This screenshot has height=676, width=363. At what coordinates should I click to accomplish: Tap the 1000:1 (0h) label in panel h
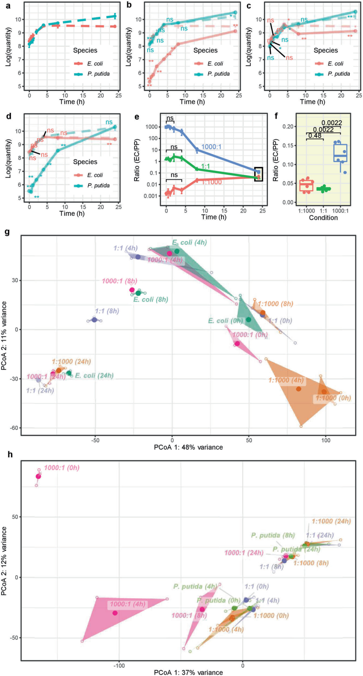coord(62,468)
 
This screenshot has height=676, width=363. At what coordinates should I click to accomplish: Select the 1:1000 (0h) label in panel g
coord(333,398)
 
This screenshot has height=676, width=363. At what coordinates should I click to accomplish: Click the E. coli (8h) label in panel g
coord(151,299)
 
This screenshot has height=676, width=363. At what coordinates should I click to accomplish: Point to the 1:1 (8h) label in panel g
coord(107,311)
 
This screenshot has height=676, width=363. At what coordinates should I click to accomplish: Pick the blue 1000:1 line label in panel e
coord(211,147)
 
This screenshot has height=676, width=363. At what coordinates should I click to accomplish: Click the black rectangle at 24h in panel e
coord(258,174)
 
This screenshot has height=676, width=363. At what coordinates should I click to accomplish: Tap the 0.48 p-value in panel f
coord(315,136)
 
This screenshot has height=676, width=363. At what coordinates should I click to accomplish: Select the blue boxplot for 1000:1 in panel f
coord(340,153)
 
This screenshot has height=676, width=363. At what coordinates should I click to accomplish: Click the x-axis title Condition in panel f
coord(323,218)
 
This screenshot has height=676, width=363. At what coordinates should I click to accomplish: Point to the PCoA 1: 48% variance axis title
coord(188,447)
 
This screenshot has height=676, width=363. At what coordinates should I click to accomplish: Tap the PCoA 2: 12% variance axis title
coord(4,561)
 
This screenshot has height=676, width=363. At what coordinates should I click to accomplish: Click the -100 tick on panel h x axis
coord(119,665)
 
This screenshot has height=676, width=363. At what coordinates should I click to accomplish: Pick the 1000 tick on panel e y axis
coord(152,127)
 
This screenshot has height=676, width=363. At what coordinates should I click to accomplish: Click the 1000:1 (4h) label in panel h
coord(128,604)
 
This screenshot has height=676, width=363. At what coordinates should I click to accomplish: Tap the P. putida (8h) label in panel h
coord(273,535)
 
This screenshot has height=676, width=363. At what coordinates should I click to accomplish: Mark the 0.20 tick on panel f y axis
coord(288,127)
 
